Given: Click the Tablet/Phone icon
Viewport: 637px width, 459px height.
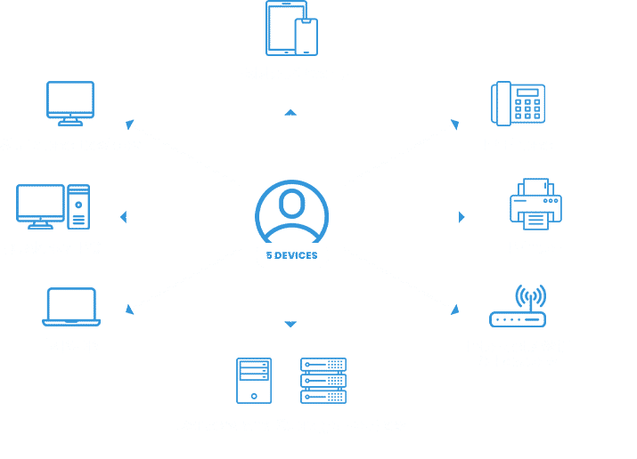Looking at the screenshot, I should pos(291,29).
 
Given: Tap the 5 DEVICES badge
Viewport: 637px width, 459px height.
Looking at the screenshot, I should pos(291,255).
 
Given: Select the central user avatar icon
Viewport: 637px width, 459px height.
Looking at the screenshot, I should pos(290,211).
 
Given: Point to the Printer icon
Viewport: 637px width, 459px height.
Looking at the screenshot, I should pos(535,204).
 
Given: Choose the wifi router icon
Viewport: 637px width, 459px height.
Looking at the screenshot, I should pos(519,307).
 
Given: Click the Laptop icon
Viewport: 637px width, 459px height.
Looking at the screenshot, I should pos(71,307).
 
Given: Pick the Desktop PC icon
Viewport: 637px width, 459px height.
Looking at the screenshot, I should pos(53,206).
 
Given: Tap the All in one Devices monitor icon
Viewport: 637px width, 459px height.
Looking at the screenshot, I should pos(70,104).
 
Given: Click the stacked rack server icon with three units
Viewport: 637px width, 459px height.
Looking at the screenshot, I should pos(323,381).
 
